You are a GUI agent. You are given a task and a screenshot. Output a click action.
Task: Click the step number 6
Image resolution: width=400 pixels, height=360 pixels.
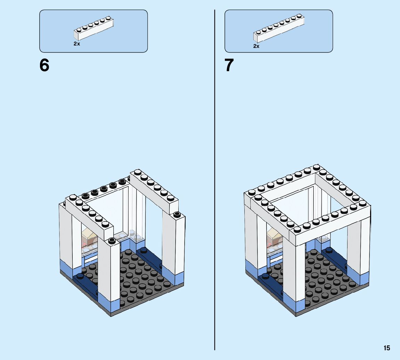click(44, 65)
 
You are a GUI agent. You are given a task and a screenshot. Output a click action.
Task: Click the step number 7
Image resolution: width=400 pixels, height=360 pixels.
click(229, 65)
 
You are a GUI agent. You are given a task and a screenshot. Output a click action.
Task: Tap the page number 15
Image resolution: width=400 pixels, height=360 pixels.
click(387, 348)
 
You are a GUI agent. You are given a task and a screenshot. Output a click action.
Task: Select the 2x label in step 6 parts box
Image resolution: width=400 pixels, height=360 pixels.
click(77, 44)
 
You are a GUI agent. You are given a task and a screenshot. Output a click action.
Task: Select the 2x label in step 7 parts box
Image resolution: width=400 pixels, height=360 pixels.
click(256, 46)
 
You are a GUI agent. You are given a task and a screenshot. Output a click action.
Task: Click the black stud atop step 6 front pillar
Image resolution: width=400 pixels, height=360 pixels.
click(112, 240)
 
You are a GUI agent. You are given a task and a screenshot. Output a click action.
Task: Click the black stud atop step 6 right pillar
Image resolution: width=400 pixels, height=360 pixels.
click(177, 214)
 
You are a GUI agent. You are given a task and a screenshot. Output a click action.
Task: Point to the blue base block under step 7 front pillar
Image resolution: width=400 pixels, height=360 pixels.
click(295, 305)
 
